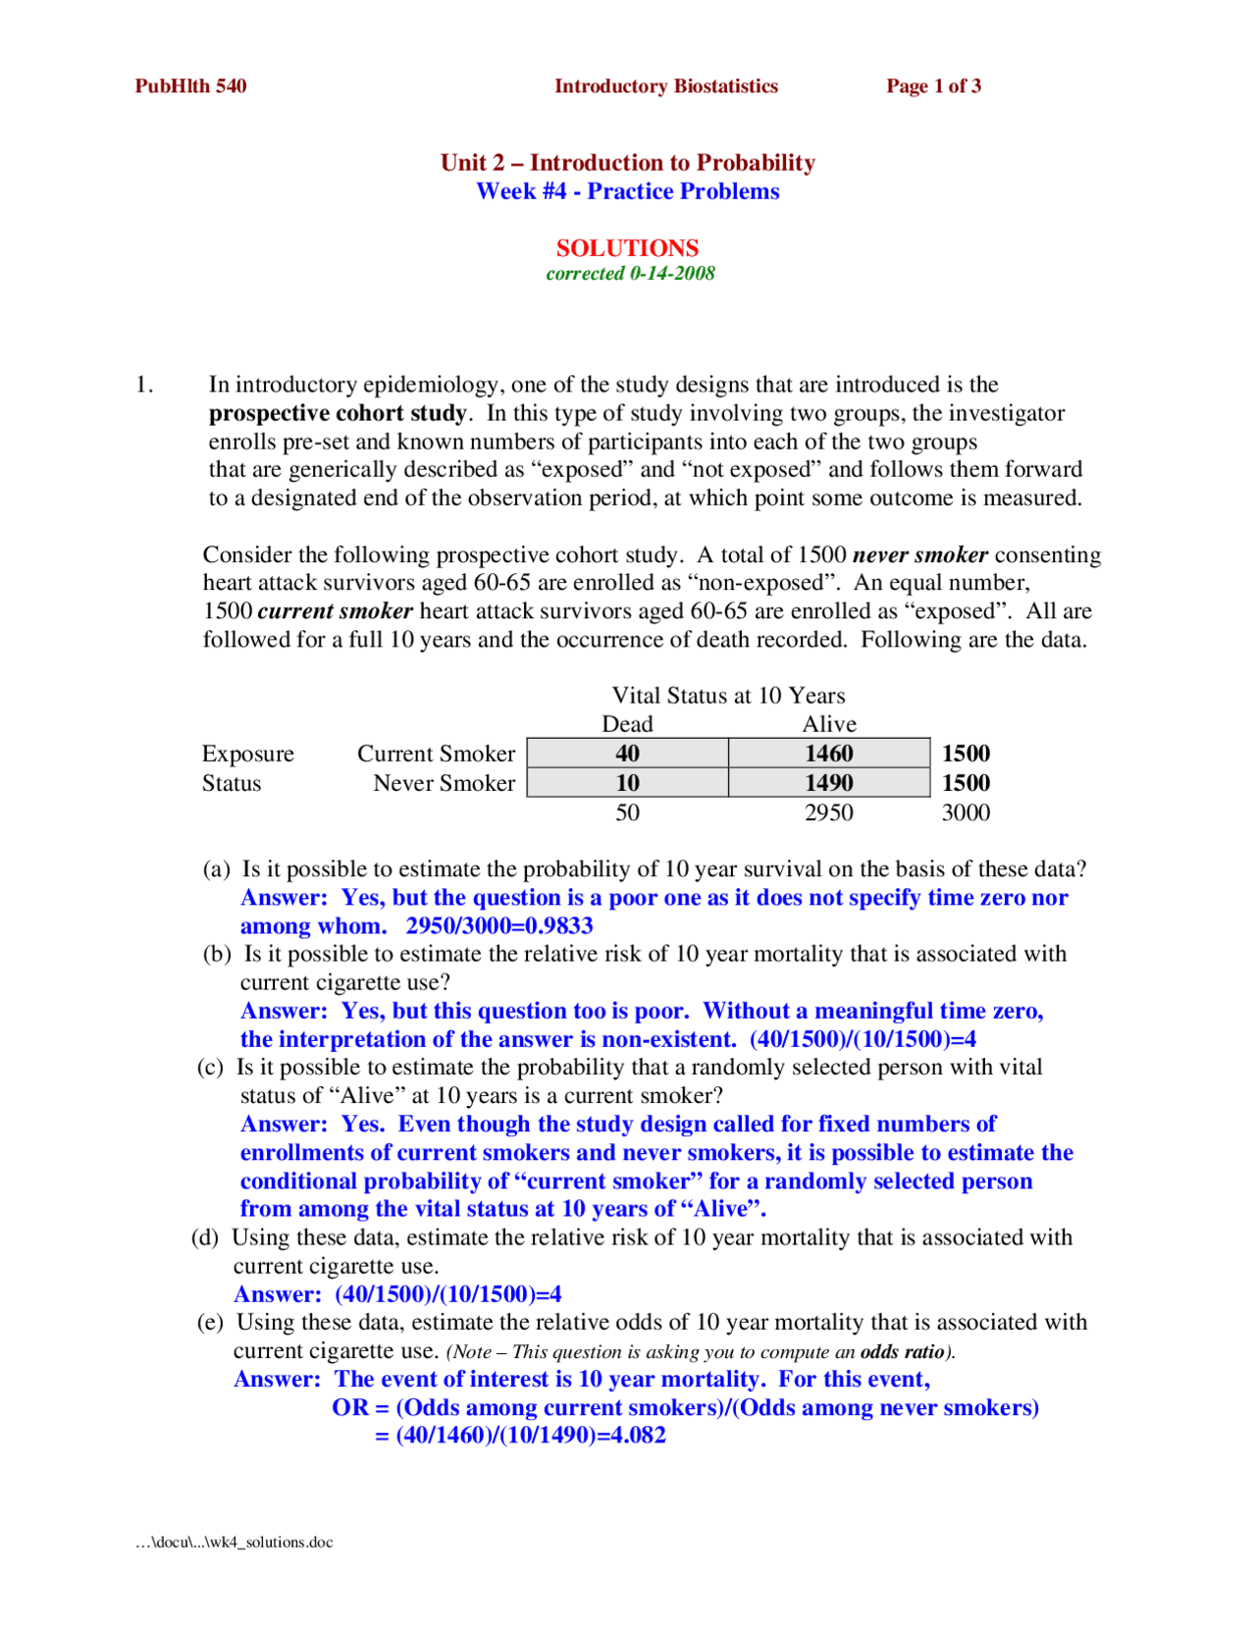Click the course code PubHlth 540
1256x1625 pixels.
[x=190, y=86]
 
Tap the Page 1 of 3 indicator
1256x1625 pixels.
[x=933, y=86]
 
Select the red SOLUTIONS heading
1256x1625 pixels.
[x=627, y=248]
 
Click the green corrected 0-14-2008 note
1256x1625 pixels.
[x=630, y=274]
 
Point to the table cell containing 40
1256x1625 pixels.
[x=627, y=754]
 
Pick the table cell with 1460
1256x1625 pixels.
[x=829, y=754]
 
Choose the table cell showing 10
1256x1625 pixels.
[x=627, y=783]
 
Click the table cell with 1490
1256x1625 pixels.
[x=829, y=783]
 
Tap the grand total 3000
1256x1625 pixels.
[x=966, y=812]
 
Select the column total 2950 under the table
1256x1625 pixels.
[x=829, y=812]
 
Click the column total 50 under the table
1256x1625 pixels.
[x=627, y=812]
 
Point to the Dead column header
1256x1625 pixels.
[x=627, y=724]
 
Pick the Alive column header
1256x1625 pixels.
[x=829, y=724]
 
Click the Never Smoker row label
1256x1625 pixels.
[x=444, y=783]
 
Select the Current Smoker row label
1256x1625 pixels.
[x=436, y=754]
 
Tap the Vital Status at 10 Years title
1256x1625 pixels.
[x=728, y=696]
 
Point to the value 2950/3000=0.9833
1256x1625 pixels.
[x=499, y=926]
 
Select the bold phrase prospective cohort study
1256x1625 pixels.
[x=338, y=413]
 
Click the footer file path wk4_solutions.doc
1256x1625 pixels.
[x=234, y=1543]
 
